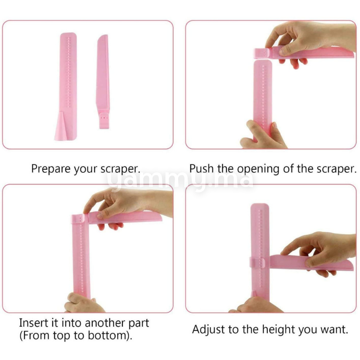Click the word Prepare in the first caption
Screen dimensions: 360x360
pos(51,169)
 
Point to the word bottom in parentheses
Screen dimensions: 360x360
pos(108,335)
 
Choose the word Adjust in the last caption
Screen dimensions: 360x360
pos(209,330)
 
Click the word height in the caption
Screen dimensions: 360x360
pos(278,330)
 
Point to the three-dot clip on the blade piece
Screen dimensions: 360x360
pos(104,120)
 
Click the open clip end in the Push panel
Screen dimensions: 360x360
pos(261,54)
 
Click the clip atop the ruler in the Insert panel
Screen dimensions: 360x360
pos(80,220)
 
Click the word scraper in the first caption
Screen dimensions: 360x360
pos(120,169)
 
